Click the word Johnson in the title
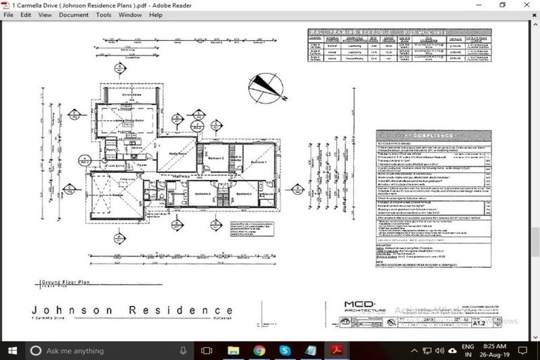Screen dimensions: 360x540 coord(66,310)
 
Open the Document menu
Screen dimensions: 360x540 coord(74,15)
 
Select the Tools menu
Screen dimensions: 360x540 coord(103,15)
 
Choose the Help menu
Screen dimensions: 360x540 coord(155,15)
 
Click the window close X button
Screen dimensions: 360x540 coord(527,5)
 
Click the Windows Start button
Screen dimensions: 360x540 coord(12,350)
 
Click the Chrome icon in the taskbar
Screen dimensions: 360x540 coord(259,350)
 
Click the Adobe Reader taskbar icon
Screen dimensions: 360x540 coord(337,350)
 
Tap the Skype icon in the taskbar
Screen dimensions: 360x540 coord(285,350)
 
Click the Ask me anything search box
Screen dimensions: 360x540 coord(105,350)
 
